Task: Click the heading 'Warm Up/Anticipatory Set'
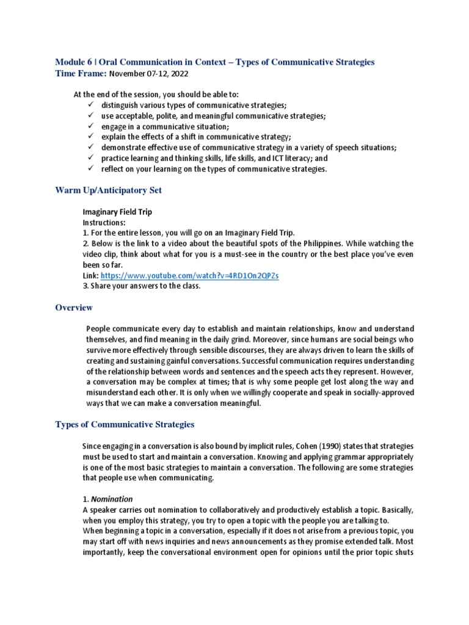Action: (x=109, y=190)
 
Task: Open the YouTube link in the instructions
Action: (x=190, y=276)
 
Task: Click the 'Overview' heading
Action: (x=74, y=308)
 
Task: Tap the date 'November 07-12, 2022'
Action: (x=148, y=74)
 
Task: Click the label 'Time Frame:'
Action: (x=81, y=74)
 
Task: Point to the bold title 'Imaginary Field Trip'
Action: (x=117, y=212)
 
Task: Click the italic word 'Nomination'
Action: (x=112, y=499)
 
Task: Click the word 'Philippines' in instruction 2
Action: (x=314, y=244)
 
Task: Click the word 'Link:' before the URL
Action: (x=90, y=276)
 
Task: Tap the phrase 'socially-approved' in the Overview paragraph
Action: (x=380, y=392)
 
